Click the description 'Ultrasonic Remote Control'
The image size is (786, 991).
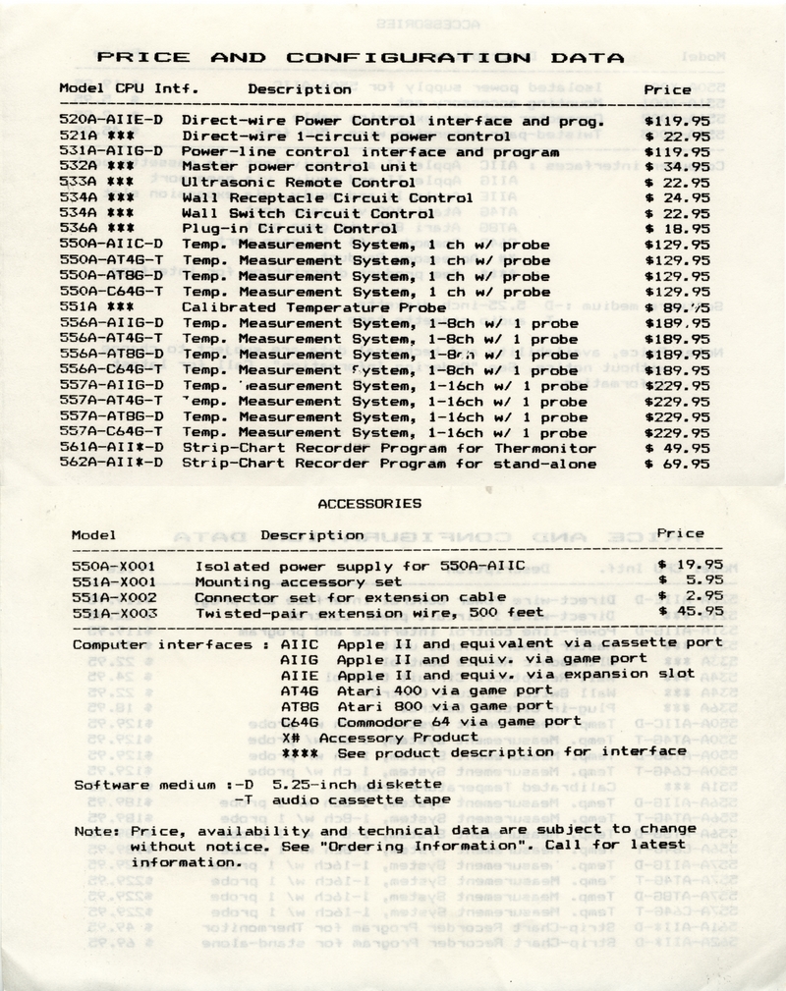286,183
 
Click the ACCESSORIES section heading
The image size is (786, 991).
370,503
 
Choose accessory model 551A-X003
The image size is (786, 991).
115,612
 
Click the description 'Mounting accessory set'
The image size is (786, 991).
286,580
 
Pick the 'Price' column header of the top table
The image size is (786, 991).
667,89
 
